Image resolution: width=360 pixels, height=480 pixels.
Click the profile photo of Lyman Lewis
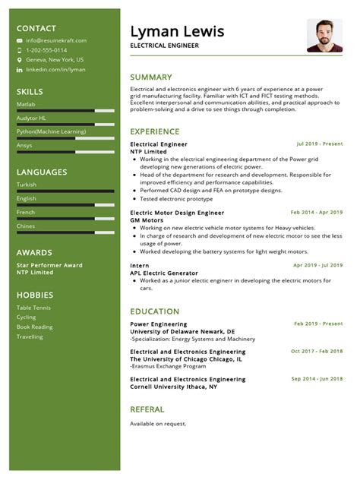tap(324, 36)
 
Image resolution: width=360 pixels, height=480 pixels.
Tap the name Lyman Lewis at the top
tap(177, 31)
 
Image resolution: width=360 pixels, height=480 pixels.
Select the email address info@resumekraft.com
tap(56, 41)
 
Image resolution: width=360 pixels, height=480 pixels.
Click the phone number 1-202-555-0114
tap(46, 50)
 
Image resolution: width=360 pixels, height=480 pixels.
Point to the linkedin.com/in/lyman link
tap(55, 69)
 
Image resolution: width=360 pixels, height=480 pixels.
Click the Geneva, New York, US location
tap(55, 59)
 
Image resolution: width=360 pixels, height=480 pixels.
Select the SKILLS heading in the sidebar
tap(30, 91)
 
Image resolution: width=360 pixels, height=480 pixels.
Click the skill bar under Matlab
tap(66, 111)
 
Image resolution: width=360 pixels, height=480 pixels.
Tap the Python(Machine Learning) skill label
tap(51, 131)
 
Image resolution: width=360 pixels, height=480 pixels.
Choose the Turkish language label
tap(27, 185)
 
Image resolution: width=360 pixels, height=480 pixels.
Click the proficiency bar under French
tap(66, 219)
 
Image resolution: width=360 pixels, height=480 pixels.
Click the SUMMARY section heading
tap(151, 77)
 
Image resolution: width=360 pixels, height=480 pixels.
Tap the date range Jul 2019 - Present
tap(319, 144)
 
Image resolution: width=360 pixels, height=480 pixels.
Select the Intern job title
tap(139, 265)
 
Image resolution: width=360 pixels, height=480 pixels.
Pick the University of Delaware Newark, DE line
tap(182, 331)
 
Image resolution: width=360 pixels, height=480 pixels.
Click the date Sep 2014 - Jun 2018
tap(317, 378)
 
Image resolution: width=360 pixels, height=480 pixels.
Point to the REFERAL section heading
tap(147, 409)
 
